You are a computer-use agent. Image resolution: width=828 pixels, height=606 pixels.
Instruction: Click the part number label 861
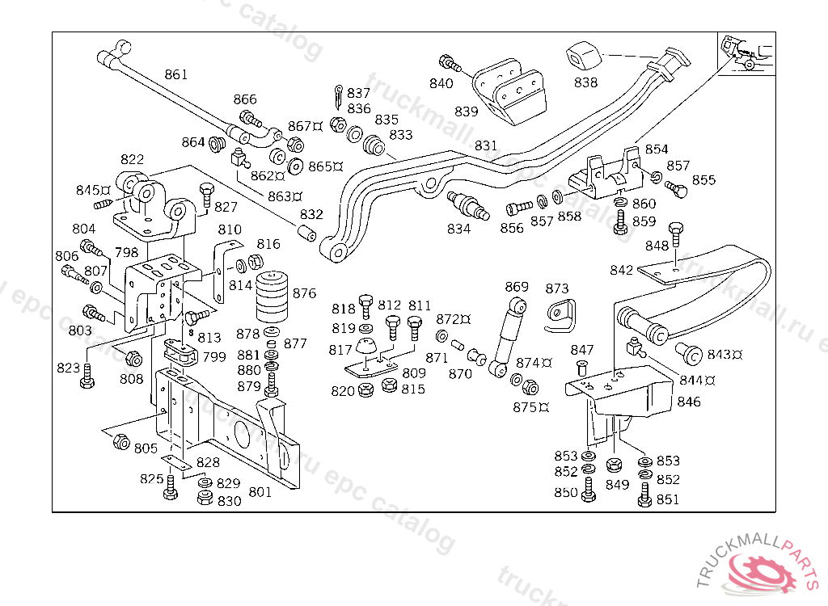tap(175, 74)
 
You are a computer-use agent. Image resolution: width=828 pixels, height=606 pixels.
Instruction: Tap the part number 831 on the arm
tap(486, 146)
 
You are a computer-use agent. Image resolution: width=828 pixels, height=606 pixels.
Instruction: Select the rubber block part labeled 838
tap(586, 56)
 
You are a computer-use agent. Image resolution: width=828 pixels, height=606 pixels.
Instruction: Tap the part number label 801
tap(260, 491)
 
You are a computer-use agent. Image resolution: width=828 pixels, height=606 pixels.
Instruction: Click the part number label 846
tap(689, 402)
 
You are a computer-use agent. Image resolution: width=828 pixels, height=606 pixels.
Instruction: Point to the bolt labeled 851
tap(644, 494)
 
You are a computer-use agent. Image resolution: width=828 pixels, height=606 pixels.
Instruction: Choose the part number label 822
tap(133, 160)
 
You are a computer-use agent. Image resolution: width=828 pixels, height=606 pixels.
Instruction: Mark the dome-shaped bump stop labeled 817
tap(368, 350)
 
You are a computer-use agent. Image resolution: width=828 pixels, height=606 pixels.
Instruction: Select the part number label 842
tap(621, 270)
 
